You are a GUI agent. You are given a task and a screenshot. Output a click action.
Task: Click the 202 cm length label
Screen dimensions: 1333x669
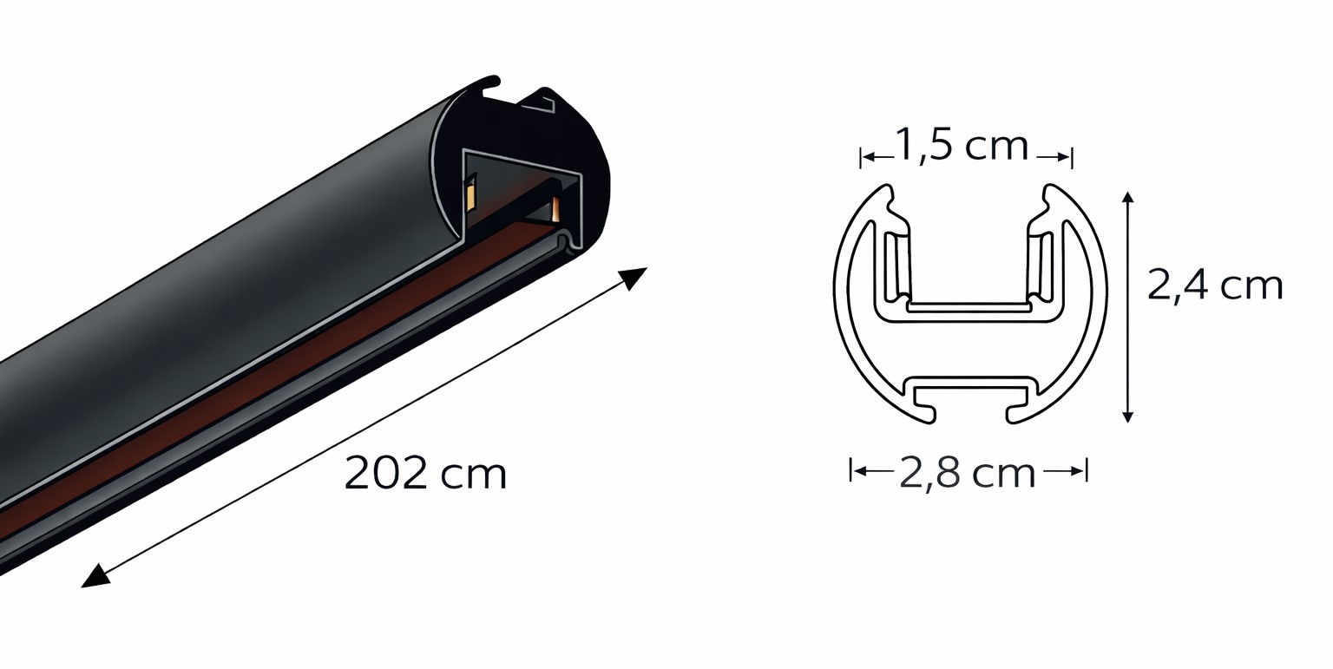[425, 473]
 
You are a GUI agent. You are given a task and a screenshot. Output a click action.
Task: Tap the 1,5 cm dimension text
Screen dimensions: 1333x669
[961, 146]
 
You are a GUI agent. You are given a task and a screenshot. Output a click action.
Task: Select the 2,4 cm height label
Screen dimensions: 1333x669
[1215, 286]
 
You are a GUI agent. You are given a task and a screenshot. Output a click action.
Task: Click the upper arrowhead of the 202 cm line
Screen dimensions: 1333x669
[634, 278]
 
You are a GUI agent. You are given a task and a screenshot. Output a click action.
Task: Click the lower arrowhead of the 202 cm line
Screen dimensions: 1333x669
[95, 577]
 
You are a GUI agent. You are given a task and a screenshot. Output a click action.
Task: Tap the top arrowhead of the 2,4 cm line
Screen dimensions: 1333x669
[1127, 197]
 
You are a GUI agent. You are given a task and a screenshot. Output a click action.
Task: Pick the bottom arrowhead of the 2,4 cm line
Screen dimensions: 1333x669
[1127, 416]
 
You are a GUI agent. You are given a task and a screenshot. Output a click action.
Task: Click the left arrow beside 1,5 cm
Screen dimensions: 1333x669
[878, 157]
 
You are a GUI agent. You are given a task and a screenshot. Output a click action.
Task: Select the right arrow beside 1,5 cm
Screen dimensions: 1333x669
[1054, 157]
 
